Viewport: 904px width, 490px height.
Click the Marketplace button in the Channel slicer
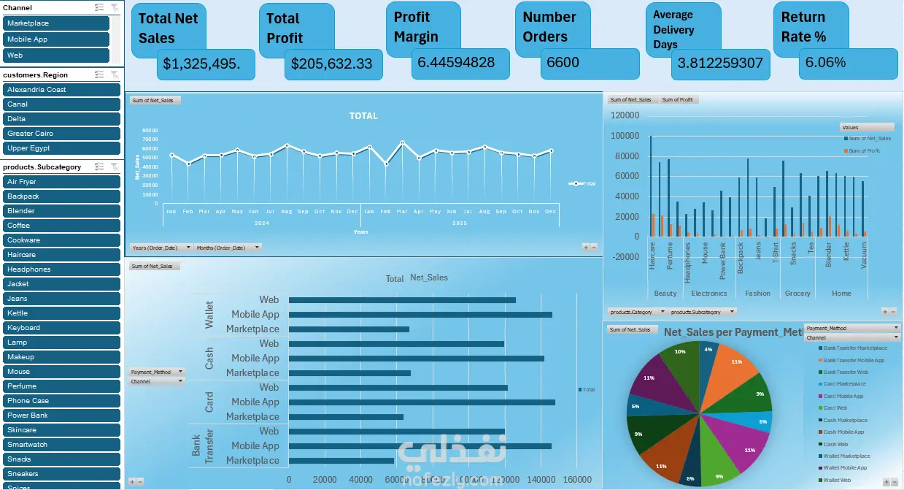[57, 23]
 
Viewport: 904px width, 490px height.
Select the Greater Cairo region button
[61, 134]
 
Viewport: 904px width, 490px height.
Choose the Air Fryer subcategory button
[61, 182]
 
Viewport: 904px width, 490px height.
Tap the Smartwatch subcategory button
[61, 445]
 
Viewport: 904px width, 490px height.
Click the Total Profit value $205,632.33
[332, 64]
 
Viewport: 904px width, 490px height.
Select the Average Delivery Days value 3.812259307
[719, 64]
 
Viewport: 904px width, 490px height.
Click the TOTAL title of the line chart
[363, 116]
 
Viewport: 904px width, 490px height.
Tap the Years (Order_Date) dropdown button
[189, 248]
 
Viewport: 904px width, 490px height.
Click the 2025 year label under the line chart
[459, 223]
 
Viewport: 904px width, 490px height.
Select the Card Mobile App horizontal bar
[422, 402]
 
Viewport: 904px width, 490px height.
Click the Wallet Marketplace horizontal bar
[349, 329]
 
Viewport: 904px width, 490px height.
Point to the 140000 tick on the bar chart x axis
[540, 480]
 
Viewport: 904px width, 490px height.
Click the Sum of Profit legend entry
[864, 151]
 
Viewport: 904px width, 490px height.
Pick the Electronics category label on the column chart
[709, 294]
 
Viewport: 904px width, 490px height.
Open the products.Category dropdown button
[662, 312]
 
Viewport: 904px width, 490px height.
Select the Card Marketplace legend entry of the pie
[844, 384]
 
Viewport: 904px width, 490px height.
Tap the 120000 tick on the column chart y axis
[624, 115]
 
